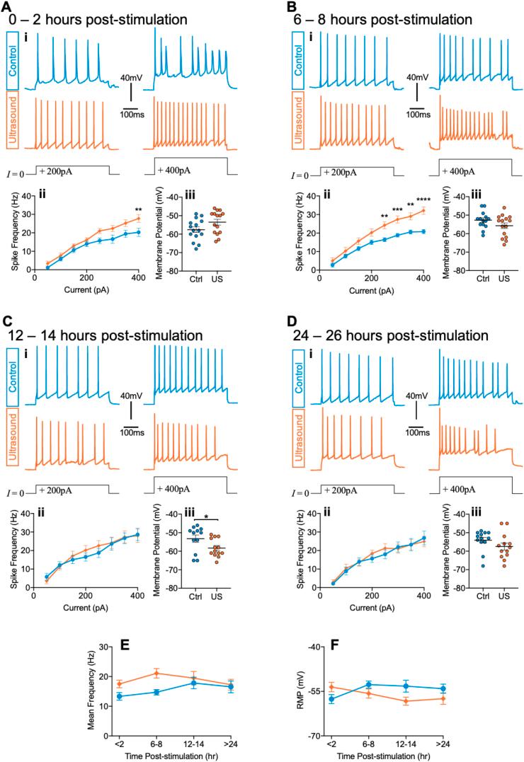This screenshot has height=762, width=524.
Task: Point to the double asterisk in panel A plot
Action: coord(139,210)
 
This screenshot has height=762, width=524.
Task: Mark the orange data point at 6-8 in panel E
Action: coord(156,673)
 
